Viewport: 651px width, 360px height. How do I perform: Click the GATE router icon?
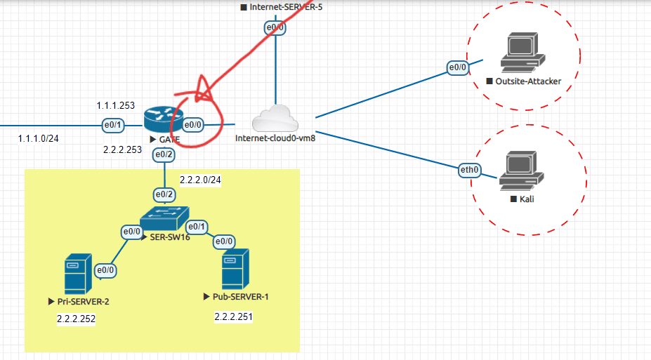pyautogui.click(x=162, y=119)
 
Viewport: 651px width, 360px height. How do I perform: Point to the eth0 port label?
pyautogui.click(x=469, y=169)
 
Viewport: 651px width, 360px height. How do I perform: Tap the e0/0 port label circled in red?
pyautogui.click(x=193, y=125)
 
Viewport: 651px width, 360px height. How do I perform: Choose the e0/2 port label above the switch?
pyautogui.click(x=164, y=194)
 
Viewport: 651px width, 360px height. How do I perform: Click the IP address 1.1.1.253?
pyautogui.click(x=115, y=105)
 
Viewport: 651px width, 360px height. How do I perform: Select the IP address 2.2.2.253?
pyautogui.click(x=123, y=149)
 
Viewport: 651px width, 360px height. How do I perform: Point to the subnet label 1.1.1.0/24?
pyautogui.click(x=39, y=138)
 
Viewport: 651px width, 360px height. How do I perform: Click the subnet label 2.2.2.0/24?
pyautogui.click(x=200, y=180)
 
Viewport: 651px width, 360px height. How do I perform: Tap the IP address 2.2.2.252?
pyautogui.click(x=76, y=319)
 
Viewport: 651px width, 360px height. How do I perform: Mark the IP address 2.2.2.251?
pyautogui.click(x=233, y=317)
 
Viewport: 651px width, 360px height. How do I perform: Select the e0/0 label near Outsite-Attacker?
pyautogui.click(x=458, y=68)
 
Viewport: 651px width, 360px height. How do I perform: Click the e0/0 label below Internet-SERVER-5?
pyautogui.click(x=274, y=28)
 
